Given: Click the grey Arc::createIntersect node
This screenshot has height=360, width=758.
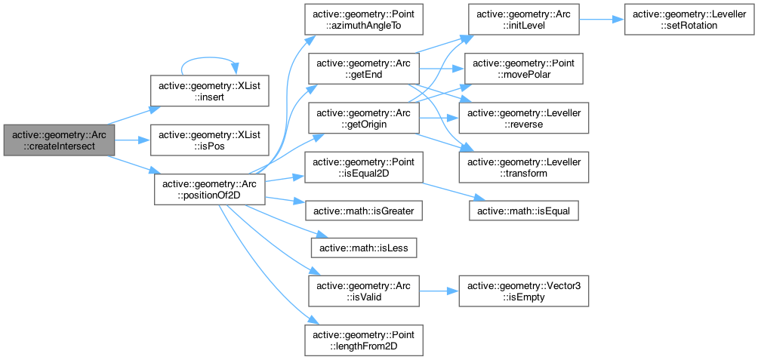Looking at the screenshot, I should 59,140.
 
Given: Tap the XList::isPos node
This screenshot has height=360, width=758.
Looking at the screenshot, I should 208,140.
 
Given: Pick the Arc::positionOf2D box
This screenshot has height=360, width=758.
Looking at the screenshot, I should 210,190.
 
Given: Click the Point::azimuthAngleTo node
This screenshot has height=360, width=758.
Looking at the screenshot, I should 363,20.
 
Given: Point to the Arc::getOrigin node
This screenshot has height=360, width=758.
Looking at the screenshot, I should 363,120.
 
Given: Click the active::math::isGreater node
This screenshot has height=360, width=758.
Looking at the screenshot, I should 363,210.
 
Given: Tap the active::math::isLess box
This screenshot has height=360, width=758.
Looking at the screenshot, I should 363,247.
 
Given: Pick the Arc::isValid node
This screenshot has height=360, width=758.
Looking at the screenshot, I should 363,290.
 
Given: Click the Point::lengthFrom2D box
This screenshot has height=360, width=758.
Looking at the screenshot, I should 363,340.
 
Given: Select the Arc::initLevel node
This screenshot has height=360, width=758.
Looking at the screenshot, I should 523,20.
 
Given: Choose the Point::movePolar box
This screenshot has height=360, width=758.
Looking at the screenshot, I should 523,69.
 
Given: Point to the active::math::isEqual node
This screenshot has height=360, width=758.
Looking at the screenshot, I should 524,210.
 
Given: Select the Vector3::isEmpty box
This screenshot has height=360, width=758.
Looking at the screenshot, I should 525,290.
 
